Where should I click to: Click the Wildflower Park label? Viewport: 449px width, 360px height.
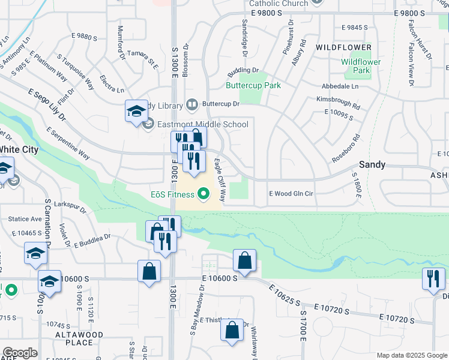361,66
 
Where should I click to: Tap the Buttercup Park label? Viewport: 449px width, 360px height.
253,85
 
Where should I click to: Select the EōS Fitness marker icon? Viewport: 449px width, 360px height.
203,194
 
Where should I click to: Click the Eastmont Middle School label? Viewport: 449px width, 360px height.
203,124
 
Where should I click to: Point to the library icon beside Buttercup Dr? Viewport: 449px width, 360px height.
192,104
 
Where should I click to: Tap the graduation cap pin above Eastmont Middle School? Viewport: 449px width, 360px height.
136,111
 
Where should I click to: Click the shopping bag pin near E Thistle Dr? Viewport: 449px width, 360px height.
232,330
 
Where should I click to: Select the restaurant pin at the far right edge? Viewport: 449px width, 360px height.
433,279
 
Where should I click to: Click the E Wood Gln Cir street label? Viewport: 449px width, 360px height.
291,193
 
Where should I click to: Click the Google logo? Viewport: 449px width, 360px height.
20,353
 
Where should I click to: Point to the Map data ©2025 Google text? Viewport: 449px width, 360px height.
411,355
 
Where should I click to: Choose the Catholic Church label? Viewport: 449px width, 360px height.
279,4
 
